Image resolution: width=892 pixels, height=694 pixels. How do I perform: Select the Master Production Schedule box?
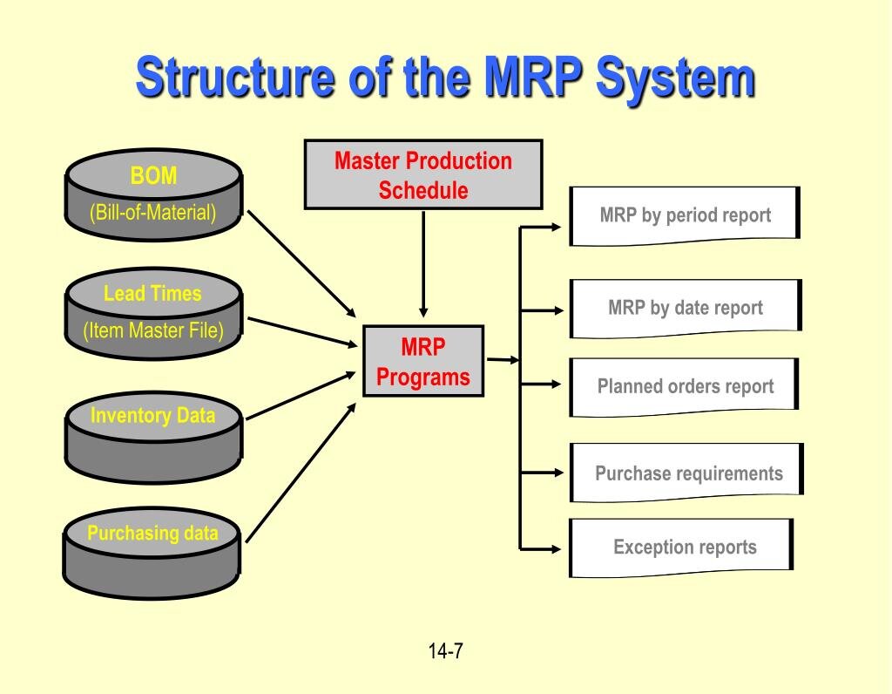point(423,175)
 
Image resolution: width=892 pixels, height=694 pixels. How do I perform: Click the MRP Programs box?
point(423,362)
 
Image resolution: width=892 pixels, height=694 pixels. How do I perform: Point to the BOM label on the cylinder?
point(153,177)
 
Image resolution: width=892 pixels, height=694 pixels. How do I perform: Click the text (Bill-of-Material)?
point(153,212)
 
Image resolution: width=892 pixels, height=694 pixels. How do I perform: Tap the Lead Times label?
point(152,294)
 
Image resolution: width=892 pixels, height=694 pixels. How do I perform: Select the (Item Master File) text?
point(153,331)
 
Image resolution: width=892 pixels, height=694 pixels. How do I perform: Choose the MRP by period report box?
point(685,215)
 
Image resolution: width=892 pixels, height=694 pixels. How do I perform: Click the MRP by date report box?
point(685,308)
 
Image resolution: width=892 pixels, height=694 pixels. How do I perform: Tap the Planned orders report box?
point(685,386)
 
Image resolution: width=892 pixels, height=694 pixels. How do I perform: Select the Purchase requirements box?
point(688,473)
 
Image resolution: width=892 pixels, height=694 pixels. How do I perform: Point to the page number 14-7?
point(445,650)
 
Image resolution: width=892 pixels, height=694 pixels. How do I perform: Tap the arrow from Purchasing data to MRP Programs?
point(301,466)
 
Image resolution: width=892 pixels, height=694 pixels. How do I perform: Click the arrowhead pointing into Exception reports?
point(557,548)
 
